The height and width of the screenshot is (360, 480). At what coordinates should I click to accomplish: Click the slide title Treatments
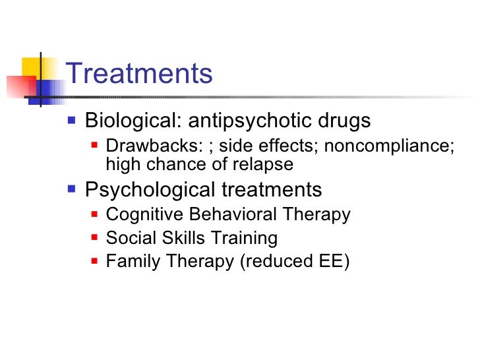[139, 73]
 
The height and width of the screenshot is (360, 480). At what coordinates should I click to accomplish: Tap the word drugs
[345, 121]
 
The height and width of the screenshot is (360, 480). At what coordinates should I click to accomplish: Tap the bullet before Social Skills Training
[95, 238]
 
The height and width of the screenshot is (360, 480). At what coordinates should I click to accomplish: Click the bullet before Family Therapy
[95, 262]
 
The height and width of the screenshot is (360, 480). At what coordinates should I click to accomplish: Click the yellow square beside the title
[33, 67]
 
